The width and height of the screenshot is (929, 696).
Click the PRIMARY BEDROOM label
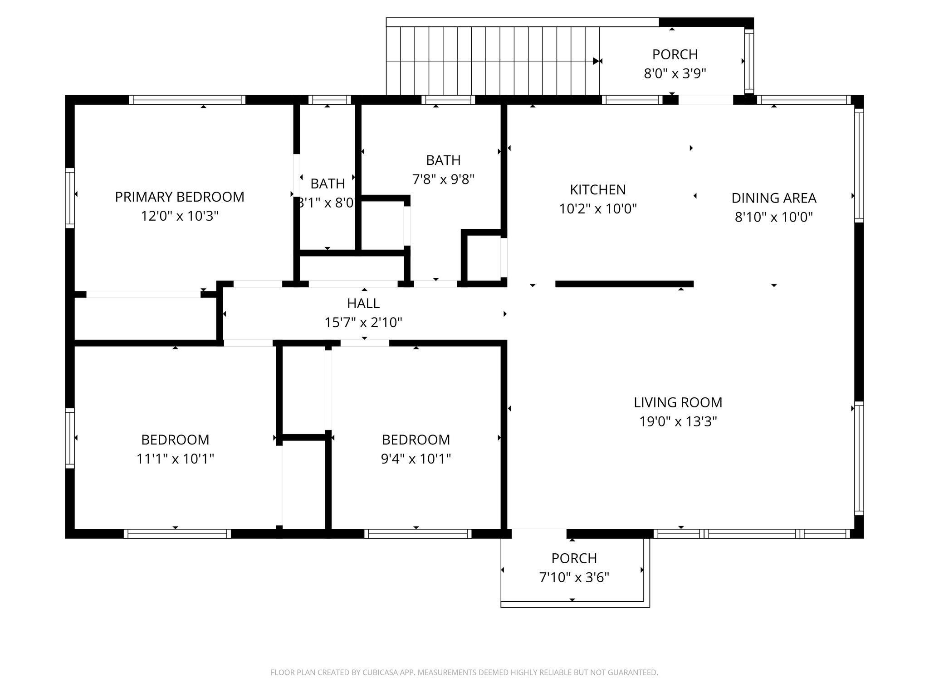point(180,197)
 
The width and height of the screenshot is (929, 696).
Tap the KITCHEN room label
point(598,189)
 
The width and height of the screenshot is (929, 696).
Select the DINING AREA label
point(774,198)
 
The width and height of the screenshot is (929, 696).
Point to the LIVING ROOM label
point(678,402)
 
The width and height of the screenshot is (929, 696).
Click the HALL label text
point(363,303)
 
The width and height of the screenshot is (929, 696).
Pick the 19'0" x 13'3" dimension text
point(678,421)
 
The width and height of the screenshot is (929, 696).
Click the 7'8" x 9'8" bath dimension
point(443,179)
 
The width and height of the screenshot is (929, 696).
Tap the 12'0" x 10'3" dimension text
point(180,216)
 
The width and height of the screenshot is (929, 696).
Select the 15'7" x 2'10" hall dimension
point(363,323)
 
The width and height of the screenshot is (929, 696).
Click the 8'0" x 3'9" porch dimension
point(675,73)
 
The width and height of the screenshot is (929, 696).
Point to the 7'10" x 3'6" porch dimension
point(574,577)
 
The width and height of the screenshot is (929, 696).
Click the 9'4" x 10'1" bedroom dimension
point(416,459)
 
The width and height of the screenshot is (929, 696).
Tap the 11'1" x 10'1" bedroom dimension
point(175,459)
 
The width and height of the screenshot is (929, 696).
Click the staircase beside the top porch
point(493,61)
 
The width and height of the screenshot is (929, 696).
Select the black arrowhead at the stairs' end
point(596,61)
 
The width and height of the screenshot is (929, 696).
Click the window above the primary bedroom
point(187,100)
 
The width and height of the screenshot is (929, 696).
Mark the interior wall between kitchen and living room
point(625,284)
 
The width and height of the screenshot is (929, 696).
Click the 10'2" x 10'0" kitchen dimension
point(598,209)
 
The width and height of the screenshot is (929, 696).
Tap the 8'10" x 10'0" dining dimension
point(774,217)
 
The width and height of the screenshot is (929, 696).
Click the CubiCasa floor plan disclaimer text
point(464,672)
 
